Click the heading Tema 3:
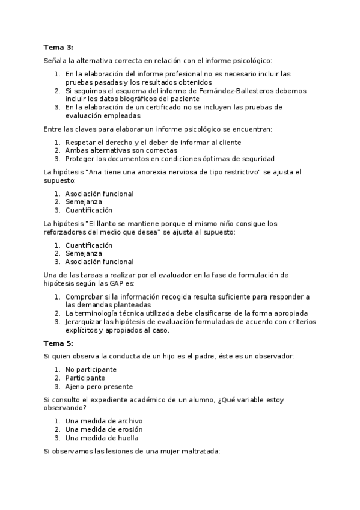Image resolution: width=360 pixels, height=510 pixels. (58, 47)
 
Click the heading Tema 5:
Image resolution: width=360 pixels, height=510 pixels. (58, 343)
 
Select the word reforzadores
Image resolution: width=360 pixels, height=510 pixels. (64, 232)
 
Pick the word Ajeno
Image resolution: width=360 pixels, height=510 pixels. (76, 387)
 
